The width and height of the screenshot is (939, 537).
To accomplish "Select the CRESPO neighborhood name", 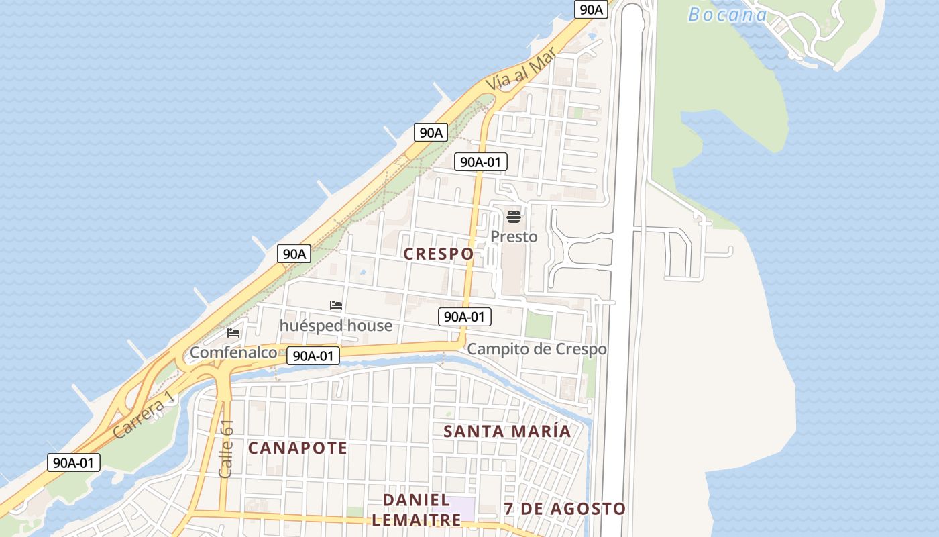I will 439,254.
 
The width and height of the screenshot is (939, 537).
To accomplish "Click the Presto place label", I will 514,236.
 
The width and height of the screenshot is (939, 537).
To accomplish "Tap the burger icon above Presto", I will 514,216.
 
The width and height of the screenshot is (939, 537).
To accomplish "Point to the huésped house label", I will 335,326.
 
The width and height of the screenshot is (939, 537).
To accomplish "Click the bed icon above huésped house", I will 336,305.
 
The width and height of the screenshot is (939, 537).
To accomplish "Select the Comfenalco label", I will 233,352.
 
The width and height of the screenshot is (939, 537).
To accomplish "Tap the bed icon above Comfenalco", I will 233,332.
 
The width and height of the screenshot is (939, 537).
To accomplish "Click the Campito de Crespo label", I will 537,349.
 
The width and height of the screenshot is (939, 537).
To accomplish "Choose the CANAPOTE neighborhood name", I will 298,448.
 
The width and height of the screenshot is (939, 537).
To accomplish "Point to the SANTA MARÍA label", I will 507,431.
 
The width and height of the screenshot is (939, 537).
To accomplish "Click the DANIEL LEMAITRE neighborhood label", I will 416,509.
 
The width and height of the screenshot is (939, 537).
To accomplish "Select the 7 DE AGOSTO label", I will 565,509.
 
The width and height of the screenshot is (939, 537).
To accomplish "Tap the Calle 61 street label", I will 227,448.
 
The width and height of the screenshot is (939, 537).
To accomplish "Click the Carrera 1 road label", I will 144,417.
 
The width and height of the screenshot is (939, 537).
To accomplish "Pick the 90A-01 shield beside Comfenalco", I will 313,356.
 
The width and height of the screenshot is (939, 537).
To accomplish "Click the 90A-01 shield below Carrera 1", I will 74,462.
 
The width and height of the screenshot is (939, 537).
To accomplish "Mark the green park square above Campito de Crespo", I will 538,325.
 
